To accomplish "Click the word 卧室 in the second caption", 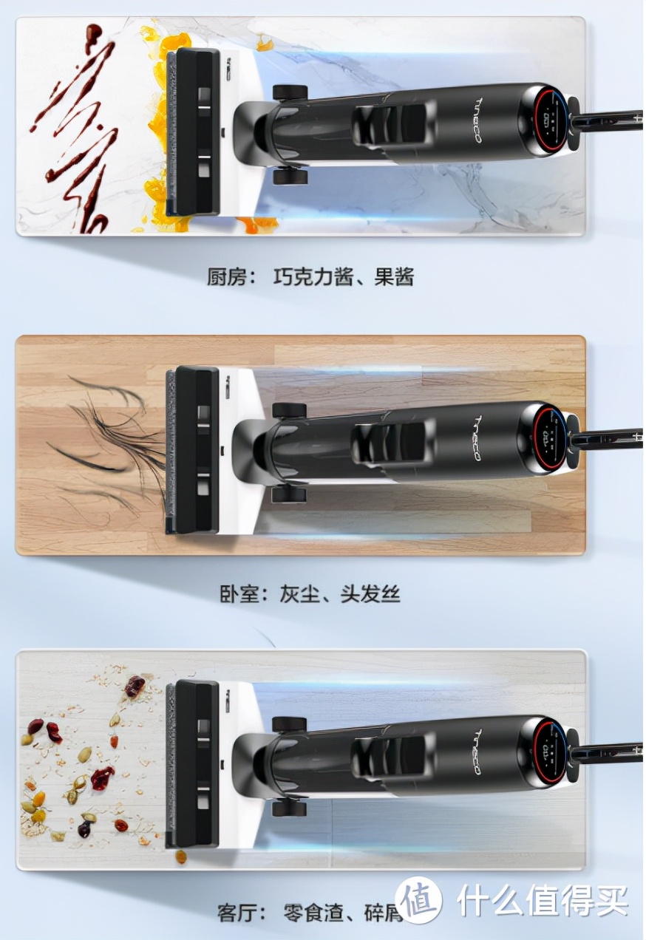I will pyautogui.click(x=239, y=594).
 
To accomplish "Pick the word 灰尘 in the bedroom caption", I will pyautogui.click(x=301, y=594).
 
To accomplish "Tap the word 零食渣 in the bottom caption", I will pyautogui.click(x=313, y=913).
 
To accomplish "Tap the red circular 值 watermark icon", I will pyautogui.click(x=418, y=899).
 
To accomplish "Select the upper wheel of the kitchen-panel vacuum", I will pyautogui.click(x=290, y=93).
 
